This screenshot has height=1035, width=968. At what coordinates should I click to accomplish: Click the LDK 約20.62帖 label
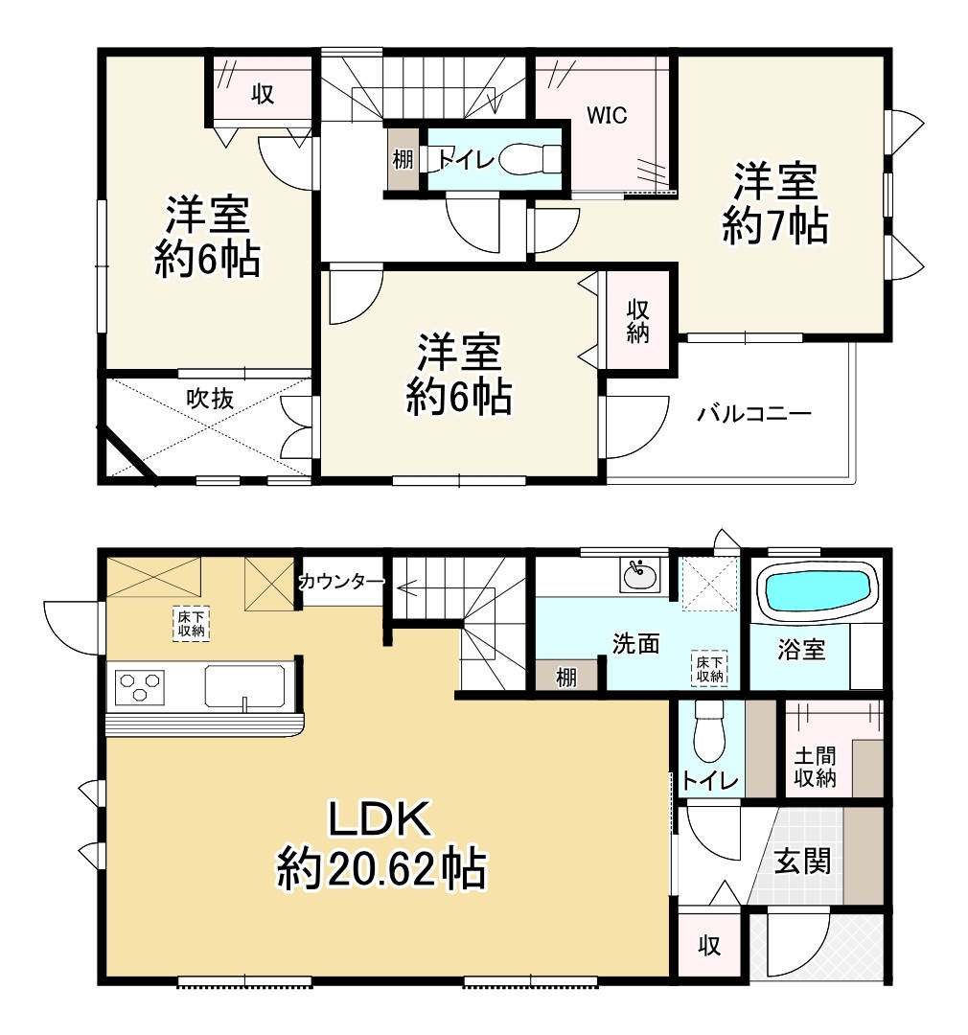point(382,844)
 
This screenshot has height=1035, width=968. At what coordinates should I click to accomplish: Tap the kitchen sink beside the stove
point(245,689)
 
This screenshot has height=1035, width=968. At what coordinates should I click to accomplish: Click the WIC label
point(607,116)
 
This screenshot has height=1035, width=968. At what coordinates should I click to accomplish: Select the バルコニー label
point(754,414)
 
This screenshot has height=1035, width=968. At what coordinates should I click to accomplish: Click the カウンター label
point(342,581)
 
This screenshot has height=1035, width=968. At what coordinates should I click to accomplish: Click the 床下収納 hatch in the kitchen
point(191,623)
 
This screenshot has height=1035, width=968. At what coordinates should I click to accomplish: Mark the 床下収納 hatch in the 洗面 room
point(709,668)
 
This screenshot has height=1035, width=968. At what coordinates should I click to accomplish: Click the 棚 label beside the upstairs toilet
point(403,159)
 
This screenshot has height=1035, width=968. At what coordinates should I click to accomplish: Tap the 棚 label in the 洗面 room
point(567,677)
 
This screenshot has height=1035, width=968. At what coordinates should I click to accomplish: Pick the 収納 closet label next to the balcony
point(639,321)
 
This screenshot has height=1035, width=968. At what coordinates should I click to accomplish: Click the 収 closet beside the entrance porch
point(709,946)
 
